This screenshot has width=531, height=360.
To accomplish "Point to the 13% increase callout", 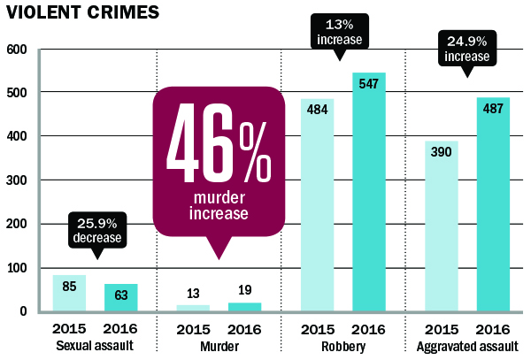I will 341,33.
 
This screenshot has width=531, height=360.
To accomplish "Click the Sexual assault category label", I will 94,345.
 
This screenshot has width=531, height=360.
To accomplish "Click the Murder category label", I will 217,345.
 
